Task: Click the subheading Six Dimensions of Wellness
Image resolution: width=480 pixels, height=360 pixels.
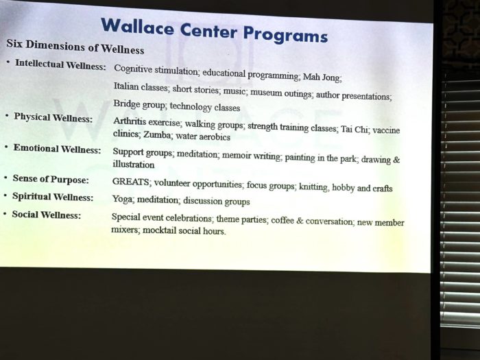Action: pos(75,47)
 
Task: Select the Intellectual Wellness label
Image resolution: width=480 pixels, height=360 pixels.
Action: pos(60,65)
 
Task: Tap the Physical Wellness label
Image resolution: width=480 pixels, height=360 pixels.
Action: pos(53,117)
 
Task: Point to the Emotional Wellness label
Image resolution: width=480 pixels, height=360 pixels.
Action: pos(57,149)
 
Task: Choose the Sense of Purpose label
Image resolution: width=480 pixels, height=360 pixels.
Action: pos(51,179)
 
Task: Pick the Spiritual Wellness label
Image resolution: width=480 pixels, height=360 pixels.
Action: pos(53,197)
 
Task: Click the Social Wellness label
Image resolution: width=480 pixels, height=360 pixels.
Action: pos(46,215)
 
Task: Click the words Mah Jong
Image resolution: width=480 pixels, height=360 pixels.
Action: pos(322,77)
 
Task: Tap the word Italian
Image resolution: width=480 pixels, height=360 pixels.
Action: pos(126,86)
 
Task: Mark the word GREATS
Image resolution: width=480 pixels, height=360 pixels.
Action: pos(131,182)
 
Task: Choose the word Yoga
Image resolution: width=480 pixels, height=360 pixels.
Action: pos(123,200)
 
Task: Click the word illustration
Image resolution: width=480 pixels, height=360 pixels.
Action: pos(134,165)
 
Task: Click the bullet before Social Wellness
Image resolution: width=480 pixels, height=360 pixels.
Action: pos(5,213)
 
